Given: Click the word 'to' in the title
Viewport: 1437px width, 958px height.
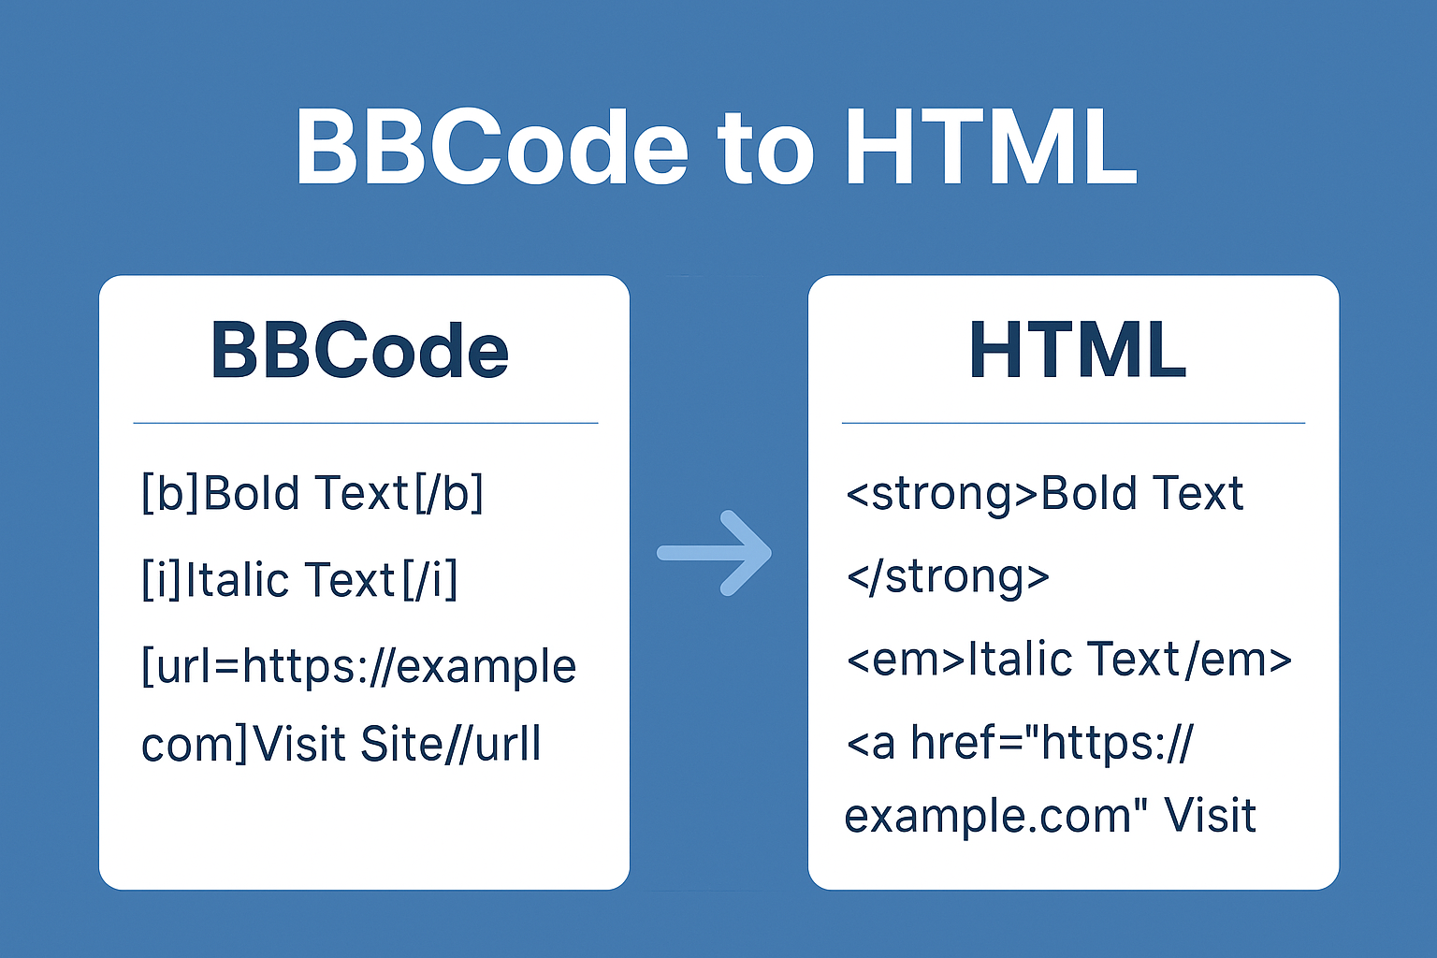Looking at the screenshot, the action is [x=766, y=151].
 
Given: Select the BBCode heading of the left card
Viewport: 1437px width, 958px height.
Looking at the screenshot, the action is [x=360, y=350].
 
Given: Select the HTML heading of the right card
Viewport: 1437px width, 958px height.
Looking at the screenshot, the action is [x=1078, y=350].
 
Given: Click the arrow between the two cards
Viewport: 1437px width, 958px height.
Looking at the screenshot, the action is [x=714, y=553].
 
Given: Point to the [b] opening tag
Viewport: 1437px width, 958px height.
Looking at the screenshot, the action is [x=170, y=493].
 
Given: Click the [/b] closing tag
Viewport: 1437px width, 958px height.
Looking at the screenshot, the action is [x=448, y=493].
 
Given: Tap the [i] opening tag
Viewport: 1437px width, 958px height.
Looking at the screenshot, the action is [x=161, y=579].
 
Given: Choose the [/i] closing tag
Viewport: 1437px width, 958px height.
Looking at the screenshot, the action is [x=429, y=579].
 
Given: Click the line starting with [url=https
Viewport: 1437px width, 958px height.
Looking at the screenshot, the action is [x=358, y=667].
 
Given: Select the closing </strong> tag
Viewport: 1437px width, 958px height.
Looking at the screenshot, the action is [x=948, y=577].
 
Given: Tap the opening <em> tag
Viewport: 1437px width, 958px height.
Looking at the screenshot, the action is [x=906, y=660].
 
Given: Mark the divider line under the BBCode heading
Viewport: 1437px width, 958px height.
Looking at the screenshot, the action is [x=366, y=424].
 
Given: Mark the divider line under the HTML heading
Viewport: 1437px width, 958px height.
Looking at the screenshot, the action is [x=1073, y=424].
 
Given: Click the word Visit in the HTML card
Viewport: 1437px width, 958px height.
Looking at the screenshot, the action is [x=1210, y=815].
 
